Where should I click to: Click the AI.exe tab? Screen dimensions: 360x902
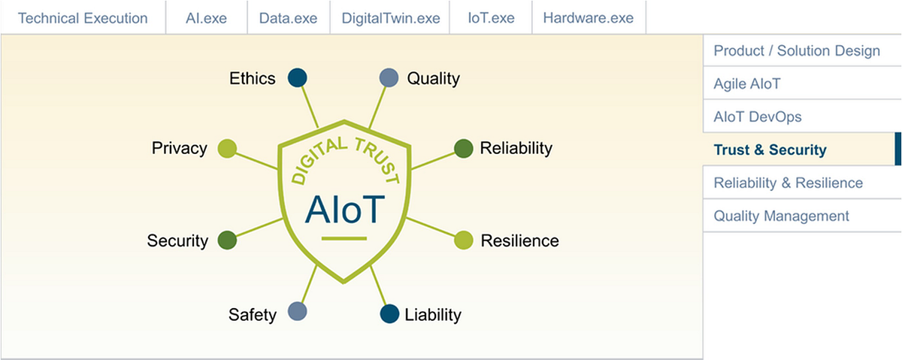click(206, 17)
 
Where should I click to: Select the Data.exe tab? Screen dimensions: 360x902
click(288, 17)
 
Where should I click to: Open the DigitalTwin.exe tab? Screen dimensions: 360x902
click(389, 17)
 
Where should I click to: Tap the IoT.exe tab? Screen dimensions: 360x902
click(490, 17)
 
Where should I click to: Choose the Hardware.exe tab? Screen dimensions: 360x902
click(588, 17)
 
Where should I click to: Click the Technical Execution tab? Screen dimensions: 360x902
click(83, 17)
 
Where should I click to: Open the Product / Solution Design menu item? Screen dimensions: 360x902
click(797, 51)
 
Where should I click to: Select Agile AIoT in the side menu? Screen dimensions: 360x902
click(747, 84)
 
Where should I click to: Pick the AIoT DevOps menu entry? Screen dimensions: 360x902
click(758, 117)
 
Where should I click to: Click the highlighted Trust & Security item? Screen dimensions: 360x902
click(770, 150)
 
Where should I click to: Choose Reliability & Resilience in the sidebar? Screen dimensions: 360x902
click(788, 183)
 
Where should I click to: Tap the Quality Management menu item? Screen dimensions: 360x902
click(782, 216)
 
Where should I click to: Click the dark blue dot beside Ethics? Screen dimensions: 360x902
click(298, 77)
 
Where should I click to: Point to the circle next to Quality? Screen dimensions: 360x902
click(389, 77)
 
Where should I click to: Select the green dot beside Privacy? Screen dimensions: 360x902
click(227, 148)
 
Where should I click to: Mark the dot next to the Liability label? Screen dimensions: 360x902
click(389, 314)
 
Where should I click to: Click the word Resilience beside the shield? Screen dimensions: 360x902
click(519, 241)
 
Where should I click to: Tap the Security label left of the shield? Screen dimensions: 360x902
click(177, 241)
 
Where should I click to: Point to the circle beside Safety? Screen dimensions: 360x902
click(298, 312)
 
